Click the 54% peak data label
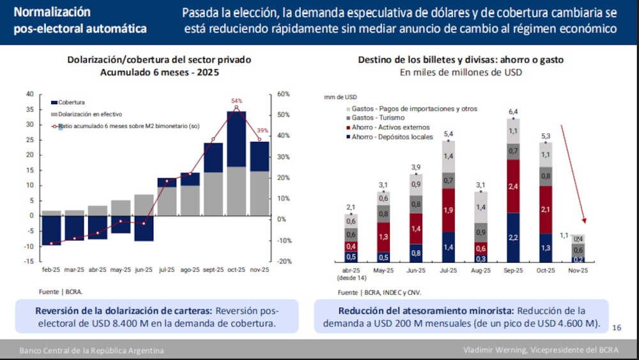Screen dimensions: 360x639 [236, 101]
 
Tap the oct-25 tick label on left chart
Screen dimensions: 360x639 [237, 270]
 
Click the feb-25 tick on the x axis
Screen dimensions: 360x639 [52, 270]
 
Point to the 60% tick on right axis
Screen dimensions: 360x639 [283, 94]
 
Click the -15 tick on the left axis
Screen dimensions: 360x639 [29, 262]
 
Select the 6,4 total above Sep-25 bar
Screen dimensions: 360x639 [512, 112]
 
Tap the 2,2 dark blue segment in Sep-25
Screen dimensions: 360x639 [512, 238]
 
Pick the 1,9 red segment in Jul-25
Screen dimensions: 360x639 [448, 210]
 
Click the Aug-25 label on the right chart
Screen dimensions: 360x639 [481, 270]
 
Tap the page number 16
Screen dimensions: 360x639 [616, 327]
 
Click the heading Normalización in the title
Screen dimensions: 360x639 [52, 12]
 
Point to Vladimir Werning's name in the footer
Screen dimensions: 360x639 [495, 350]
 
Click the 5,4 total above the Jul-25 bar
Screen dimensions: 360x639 [448, 134]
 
